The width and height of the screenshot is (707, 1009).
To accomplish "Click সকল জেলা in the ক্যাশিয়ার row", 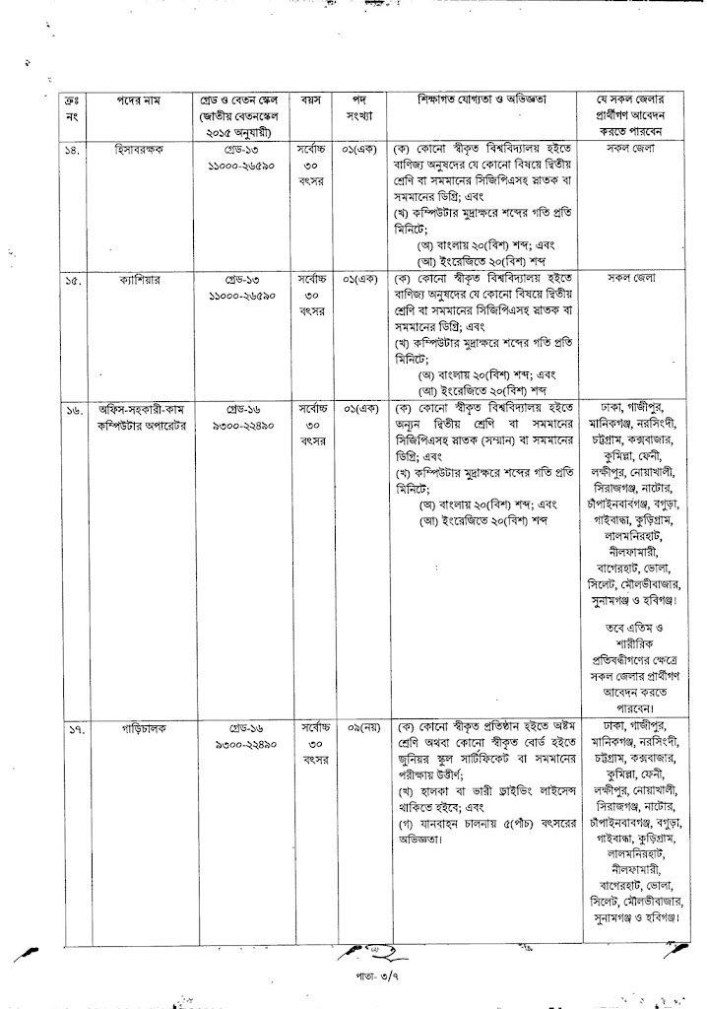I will click(634, 279).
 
